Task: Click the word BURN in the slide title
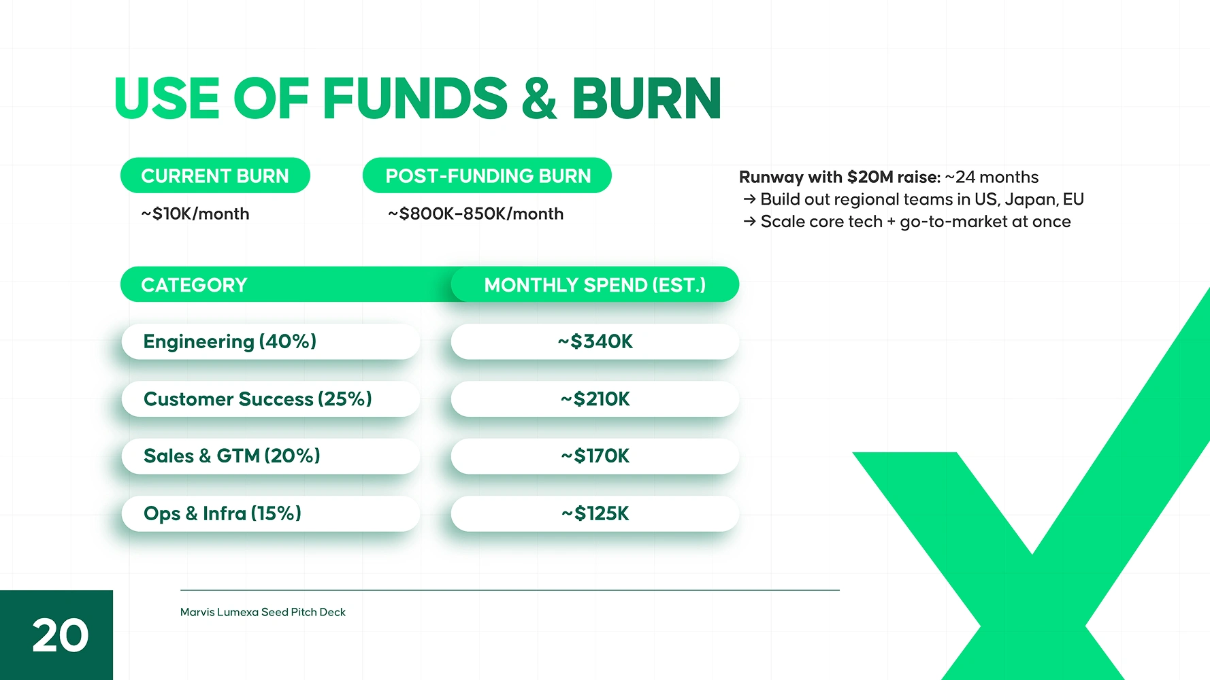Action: (647, 99)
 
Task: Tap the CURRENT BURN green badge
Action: (215, 175)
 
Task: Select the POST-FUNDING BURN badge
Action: (487, 175)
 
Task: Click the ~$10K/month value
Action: (195, 214)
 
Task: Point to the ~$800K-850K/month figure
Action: (476, 214)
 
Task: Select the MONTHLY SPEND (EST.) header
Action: (595, 284)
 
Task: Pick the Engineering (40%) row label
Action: (271, 341)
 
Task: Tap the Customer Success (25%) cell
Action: (271, 399)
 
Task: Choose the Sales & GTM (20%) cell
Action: (271, 456)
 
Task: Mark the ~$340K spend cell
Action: (595, 341)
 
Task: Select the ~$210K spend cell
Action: (595, 399)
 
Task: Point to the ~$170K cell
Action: (595, 456)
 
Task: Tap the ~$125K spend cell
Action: (595, 513)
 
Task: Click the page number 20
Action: (60, 636)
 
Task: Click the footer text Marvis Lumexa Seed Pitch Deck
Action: (263, 612)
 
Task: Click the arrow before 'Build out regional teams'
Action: (749, 199)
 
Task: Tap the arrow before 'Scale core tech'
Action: (749, 222)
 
